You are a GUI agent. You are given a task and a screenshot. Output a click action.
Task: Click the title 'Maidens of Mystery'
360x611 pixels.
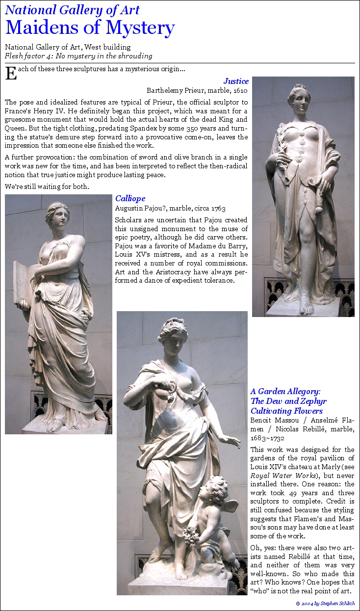click(90, 27)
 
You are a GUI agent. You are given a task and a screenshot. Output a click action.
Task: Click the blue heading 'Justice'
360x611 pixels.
click(236, 81)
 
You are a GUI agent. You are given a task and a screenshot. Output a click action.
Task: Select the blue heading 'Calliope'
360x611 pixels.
click(130, 199)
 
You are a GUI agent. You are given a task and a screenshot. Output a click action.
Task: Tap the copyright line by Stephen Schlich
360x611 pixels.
click(325, 603)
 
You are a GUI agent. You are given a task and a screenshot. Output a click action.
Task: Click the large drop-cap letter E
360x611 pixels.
click(10, 73)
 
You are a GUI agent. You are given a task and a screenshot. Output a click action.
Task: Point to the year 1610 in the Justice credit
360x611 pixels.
click(239, 90)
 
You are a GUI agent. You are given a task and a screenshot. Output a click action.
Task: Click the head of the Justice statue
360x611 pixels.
click(299, 99)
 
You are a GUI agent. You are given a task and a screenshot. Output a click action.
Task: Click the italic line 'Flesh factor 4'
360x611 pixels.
click(79, 56)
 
